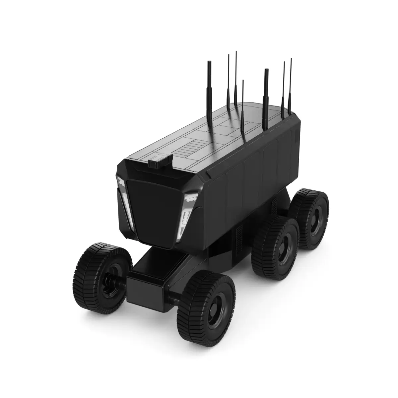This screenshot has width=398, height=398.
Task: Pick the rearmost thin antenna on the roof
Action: coord(291,86)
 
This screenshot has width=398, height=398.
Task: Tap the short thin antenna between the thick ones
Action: coord(243,109)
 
